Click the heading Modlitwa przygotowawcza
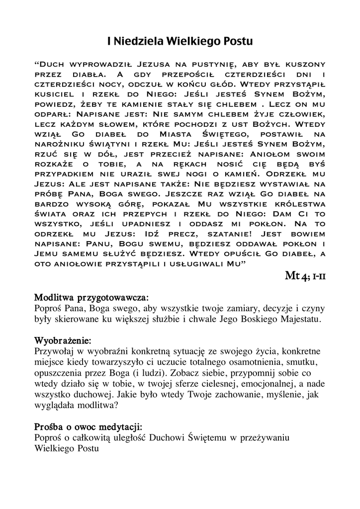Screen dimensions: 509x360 (91, 298)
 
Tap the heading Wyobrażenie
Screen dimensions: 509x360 (63, 341)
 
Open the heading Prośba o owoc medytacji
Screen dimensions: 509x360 (88, 427)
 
